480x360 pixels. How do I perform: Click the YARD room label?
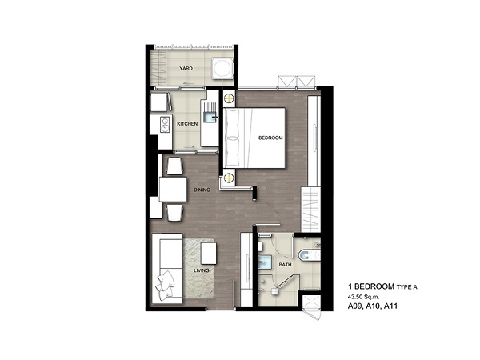coord(186,68)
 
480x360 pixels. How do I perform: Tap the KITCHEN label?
coord(187,124)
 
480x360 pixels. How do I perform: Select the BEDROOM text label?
coord(270,138)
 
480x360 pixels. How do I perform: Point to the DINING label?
coord(202,190)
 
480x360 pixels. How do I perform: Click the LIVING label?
coord(202,270)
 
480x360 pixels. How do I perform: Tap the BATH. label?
coord(286,265)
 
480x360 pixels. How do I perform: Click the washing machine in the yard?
coord(223,68)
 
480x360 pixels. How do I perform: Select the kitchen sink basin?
coord(210,117)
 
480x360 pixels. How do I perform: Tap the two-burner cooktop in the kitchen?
coord(165,126)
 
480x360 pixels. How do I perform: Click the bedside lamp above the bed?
coord(229,98)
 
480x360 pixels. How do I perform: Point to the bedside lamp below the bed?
coord(229,178)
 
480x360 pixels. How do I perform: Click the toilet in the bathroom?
coord(309,254)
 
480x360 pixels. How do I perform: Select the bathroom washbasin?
coord(264,262)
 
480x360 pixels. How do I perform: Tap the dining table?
coord(173,190)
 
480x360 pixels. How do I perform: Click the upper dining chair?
coord(174,166)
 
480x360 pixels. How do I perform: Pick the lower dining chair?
coord(174,213)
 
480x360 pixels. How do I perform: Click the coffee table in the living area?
coord(209,254)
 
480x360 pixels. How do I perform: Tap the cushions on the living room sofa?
coord(166,284)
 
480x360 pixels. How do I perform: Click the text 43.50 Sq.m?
coord(363,297)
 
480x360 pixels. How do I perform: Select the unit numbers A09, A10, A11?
coord(373,306)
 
